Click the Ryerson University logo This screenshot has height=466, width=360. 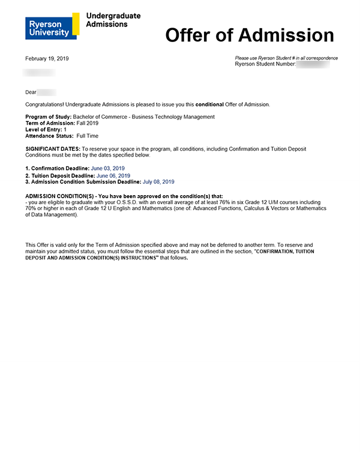coord(52,26)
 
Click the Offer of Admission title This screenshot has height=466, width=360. coord(249,35)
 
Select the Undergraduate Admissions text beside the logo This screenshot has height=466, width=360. coord(113,20)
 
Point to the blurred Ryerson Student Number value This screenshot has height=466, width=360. coord(316,64)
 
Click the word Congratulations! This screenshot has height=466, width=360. coord(44,104)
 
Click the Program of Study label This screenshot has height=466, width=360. coord(48,116)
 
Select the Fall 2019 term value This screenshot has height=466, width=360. coord(88,123)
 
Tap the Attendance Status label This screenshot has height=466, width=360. coord(49,136)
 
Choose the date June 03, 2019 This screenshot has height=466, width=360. coord(110,169)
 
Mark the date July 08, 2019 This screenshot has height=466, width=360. coord(158,181)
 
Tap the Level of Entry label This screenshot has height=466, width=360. coord(44,129)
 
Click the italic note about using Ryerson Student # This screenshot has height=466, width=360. coord(286,58)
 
